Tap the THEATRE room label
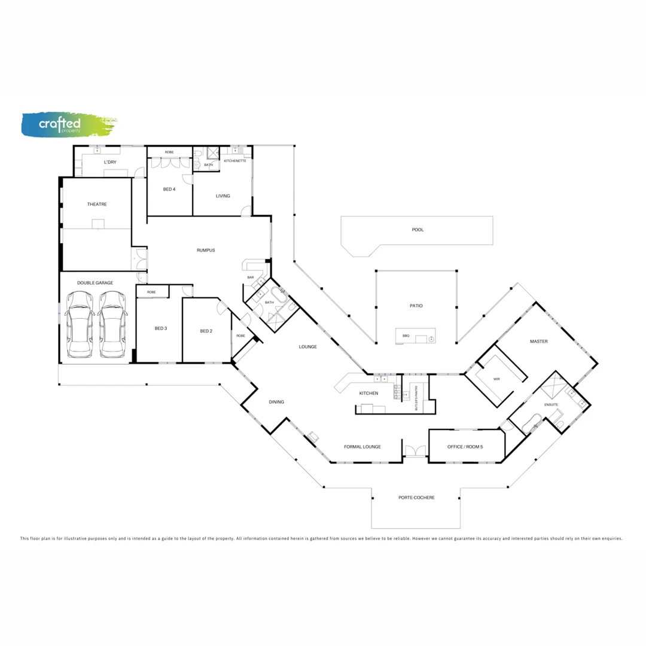coord(97,205)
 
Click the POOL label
coord(418,230)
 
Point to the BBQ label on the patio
coord(406,336)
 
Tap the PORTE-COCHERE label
coord(416,498)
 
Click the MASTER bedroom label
coord(538,342)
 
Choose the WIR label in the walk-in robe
coord(496,379)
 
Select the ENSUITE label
coord(551,405)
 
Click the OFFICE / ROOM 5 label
coord(465,447)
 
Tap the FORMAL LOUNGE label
coord(362,447)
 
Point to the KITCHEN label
coord(368,393)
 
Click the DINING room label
coord(276,402)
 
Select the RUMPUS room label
coord(206,250)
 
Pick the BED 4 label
coord(169,190)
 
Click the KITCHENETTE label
coord(235,161)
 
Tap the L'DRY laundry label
coord(110,162)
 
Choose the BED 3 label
coord(160,328)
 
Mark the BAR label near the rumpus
coord(251,278)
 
